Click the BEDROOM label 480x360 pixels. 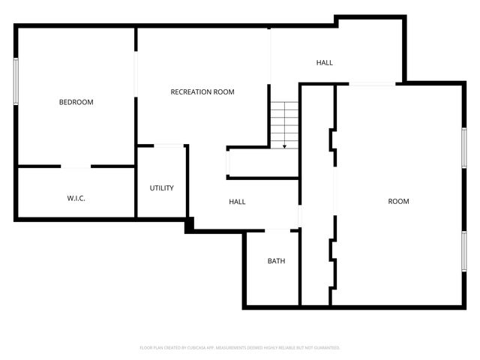coord(76,102)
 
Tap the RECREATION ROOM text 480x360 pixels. coord(202,92)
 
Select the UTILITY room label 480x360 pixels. coord(161,188)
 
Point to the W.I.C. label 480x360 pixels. coord(76,199)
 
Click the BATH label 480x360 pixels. coord(276,261)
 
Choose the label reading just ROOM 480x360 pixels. coord(398,201)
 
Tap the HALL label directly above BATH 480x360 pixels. coord(237,202)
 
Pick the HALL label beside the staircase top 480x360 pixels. coord(324,63)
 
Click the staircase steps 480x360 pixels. coord(285,124)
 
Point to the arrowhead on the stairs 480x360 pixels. coord(285,146)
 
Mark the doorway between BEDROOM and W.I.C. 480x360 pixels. coord(76,166)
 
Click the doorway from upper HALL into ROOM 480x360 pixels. coord(372,84)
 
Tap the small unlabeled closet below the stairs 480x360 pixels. coord(262,163)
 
